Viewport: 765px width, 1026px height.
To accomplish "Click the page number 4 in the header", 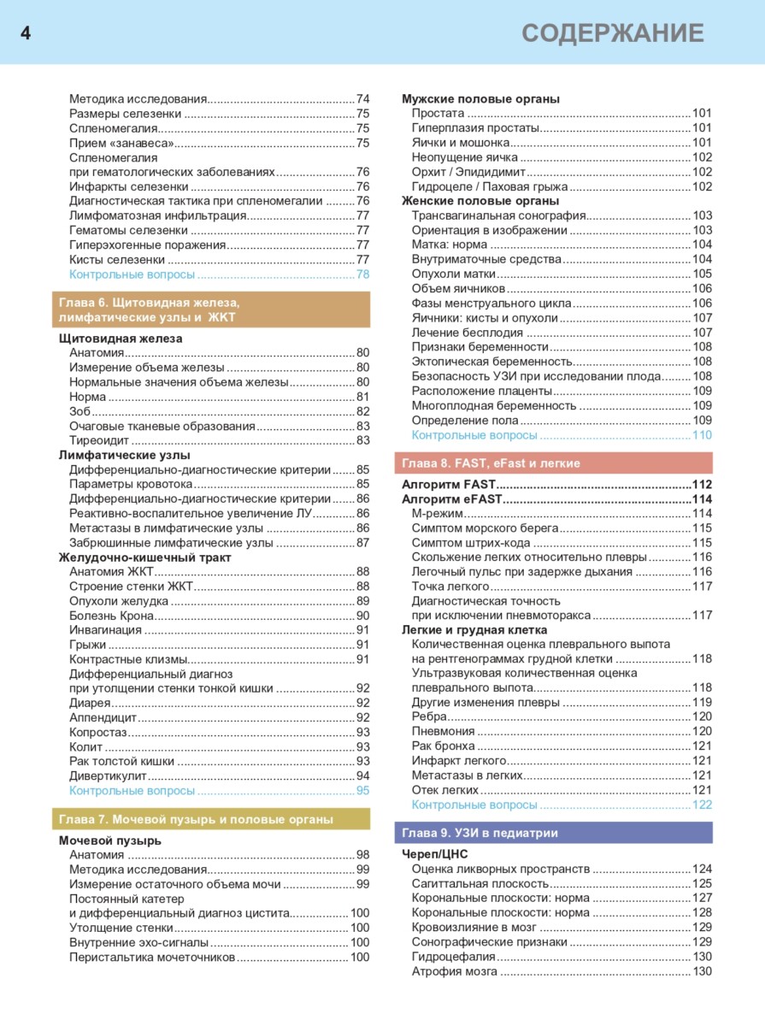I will pos(26,33).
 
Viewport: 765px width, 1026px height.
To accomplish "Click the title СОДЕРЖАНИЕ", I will pos(613,33).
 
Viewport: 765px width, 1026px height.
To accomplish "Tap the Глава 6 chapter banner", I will pos(211,310).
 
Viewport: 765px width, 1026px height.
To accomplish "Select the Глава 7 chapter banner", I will pos(211,819).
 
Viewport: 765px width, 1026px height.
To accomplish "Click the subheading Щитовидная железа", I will pos(121,339).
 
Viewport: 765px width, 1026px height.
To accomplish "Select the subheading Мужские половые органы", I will pos(480,99).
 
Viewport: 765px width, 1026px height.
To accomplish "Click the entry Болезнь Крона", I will pos(112,616).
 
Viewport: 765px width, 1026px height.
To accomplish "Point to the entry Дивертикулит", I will pos(109,775).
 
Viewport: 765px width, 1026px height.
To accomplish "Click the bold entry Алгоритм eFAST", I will pos(450,499).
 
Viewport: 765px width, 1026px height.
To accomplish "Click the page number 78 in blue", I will pos(362,274).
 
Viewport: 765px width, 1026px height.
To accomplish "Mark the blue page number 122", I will pos(701,805).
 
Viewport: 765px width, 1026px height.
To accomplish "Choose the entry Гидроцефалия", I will pos(454,957).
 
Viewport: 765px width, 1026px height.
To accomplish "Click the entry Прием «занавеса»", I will pos(121,143).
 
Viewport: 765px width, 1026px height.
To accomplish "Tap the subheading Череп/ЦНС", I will pos(435,854).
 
